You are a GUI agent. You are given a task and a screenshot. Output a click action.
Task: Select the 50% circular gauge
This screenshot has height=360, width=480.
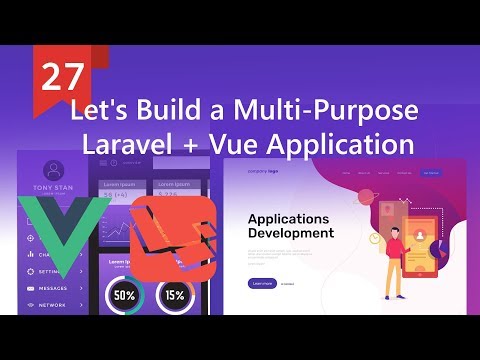[125, 295]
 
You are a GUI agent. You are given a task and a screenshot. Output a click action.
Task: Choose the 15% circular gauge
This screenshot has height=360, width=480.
[175, 295]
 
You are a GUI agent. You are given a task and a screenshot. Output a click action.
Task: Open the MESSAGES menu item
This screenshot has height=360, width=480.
[57, 288]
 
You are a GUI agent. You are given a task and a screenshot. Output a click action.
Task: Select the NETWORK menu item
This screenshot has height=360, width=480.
[55, 304]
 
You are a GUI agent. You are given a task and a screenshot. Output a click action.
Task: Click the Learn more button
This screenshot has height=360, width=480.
[262, 283]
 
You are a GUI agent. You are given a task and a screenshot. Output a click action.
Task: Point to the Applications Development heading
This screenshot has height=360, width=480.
[290, 225]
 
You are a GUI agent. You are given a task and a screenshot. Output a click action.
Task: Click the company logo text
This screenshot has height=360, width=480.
[264, 172]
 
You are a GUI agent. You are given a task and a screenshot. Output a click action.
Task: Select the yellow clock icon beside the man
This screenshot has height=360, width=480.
[373, 238]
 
